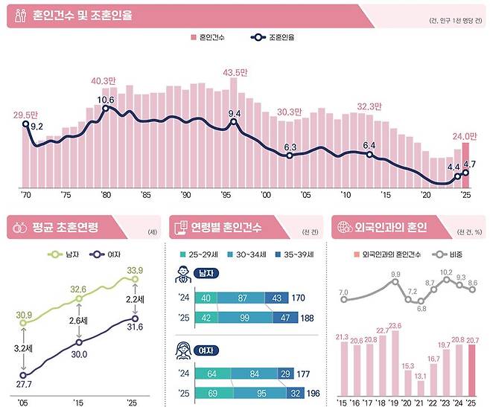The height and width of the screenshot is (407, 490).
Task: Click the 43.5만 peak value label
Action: (x=237, y=72)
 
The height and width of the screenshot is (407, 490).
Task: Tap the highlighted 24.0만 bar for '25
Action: (x=466, y=165)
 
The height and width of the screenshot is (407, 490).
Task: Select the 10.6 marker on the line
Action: (x=106, y=109)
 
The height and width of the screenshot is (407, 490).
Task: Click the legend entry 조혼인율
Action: (x=273, y=36)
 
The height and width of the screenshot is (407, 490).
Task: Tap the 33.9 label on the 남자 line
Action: (x=136, y=269)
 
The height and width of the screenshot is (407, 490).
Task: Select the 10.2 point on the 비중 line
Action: (x=446, y=284)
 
